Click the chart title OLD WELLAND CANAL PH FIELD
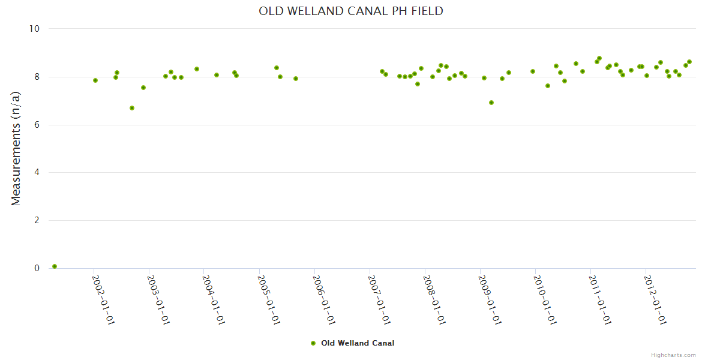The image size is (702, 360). pyautogui.click(x=351, y=11)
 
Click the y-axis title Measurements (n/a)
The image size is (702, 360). pyautogui.click(x=16, y=148)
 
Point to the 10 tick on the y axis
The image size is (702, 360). pyautogui.click(x=34, y=29)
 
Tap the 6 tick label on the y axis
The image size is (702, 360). pyautogui.click(x=37, y=125)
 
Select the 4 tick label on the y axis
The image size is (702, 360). pyautogui.click(x=37, y=173)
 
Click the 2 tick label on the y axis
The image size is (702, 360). pyautogui.click(x=37, y=220)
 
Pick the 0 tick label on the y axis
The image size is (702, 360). pyautogui.click(x=37, y=268)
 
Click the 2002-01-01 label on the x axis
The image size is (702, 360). pyautogui.click(x=103, y=300)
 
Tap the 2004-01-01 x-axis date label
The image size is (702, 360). pyautogui.click(x=214, y=300)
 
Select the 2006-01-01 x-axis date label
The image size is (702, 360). pyautogui.click(x=324, y=300)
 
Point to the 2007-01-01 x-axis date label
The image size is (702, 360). pyautogui.click(x=379, y=300)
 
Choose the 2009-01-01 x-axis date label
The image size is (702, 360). pyautogui.click(x=490, y=300)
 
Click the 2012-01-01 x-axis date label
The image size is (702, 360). pyautogui.click(x=655, y=300)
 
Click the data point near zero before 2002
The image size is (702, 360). pyautogui.click(x=55, y=266)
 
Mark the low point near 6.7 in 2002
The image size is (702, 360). pyautogui.click(x=132, y=108)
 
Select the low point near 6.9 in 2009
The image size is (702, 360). pyautogui.click(x=491, y=103)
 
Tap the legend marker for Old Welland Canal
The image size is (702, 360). pyautogui.click(x=313, y=343)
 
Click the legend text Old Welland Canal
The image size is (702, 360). pyautogui.click(x=358, y=343)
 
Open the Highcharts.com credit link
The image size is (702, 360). pyautogui.click(x=673, y=355)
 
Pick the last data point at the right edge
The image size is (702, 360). pyautogui.click(x=689, y=62)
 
